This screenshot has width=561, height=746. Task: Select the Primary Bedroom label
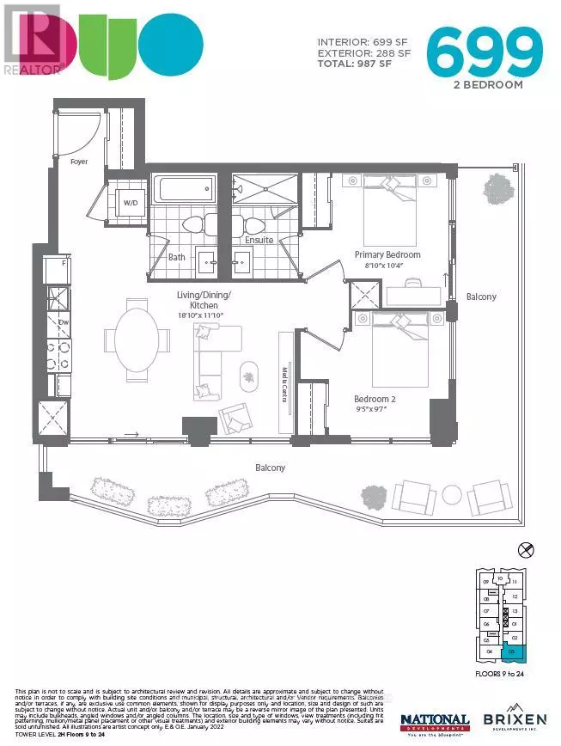(x=388, y=254)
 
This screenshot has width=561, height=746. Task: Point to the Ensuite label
(x=259, y=240)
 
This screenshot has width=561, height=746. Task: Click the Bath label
(x=176, y=256)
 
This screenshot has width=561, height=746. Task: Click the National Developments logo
(x=435, y=722)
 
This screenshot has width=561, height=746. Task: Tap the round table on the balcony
(x=450, y=496)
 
